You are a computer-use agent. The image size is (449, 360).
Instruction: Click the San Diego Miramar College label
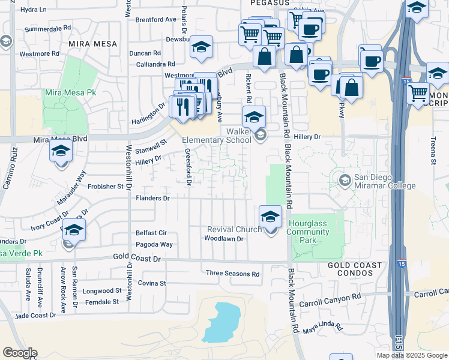384,181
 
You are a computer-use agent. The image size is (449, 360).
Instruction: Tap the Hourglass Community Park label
310,232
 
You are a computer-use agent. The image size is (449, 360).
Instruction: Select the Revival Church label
234,229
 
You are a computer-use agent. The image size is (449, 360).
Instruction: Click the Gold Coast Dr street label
137,257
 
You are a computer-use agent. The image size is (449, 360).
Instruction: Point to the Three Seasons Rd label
232,274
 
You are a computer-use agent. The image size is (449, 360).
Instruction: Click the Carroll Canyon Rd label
331,297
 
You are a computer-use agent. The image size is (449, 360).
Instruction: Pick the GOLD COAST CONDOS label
355,269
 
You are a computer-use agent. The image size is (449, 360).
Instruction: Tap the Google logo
19,353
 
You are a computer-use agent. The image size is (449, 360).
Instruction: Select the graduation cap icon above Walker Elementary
254,116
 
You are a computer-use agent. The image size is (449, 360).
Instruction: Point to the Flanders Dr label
153,198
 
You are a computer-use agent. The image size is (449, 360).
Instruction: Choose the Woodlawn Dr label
223,239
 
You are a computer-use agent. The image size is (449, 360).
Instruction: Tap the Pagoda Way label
154,245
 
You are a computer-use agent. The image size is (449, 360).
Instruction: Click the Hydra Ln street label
33,10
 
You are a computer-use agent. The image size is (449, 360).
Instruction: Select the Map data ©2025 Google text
412,355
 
